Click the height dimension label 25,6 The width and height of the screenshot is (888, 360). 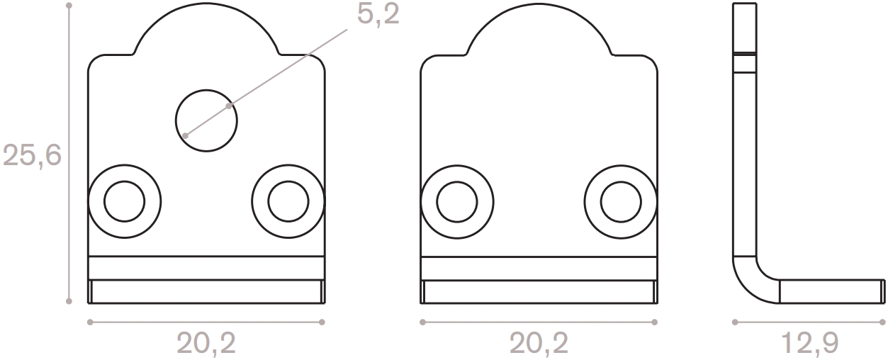pos(33,154)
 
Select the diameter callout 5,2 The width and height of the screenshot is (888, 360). pos(378,16)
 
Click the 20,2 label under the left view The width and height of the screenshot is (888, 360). pos(206,344)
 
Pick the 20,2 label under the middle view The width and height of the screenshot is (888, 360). pos(539,344)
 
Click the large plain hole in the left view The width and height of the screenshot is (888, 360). pos(206,120)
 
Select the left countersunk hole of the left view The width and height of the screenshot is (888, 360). pos(124,202)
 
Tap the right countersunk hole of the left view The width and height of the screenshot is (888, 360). pos(288,202)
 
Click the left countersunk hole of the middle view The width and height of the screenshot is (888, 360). pos(456,202)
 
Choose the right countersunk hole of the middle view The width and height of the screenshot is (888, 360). pos(621,202)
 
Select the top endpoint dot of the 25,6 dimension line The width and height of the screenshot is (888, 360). pos(69,5)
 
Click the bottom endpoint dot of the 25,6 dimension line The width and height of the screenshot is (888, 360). pos(69,301)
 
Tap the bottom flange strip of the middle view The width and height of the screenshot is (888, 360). pos(539,291)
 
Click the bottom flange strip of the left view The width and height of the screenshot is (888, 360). pos(206,291)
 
